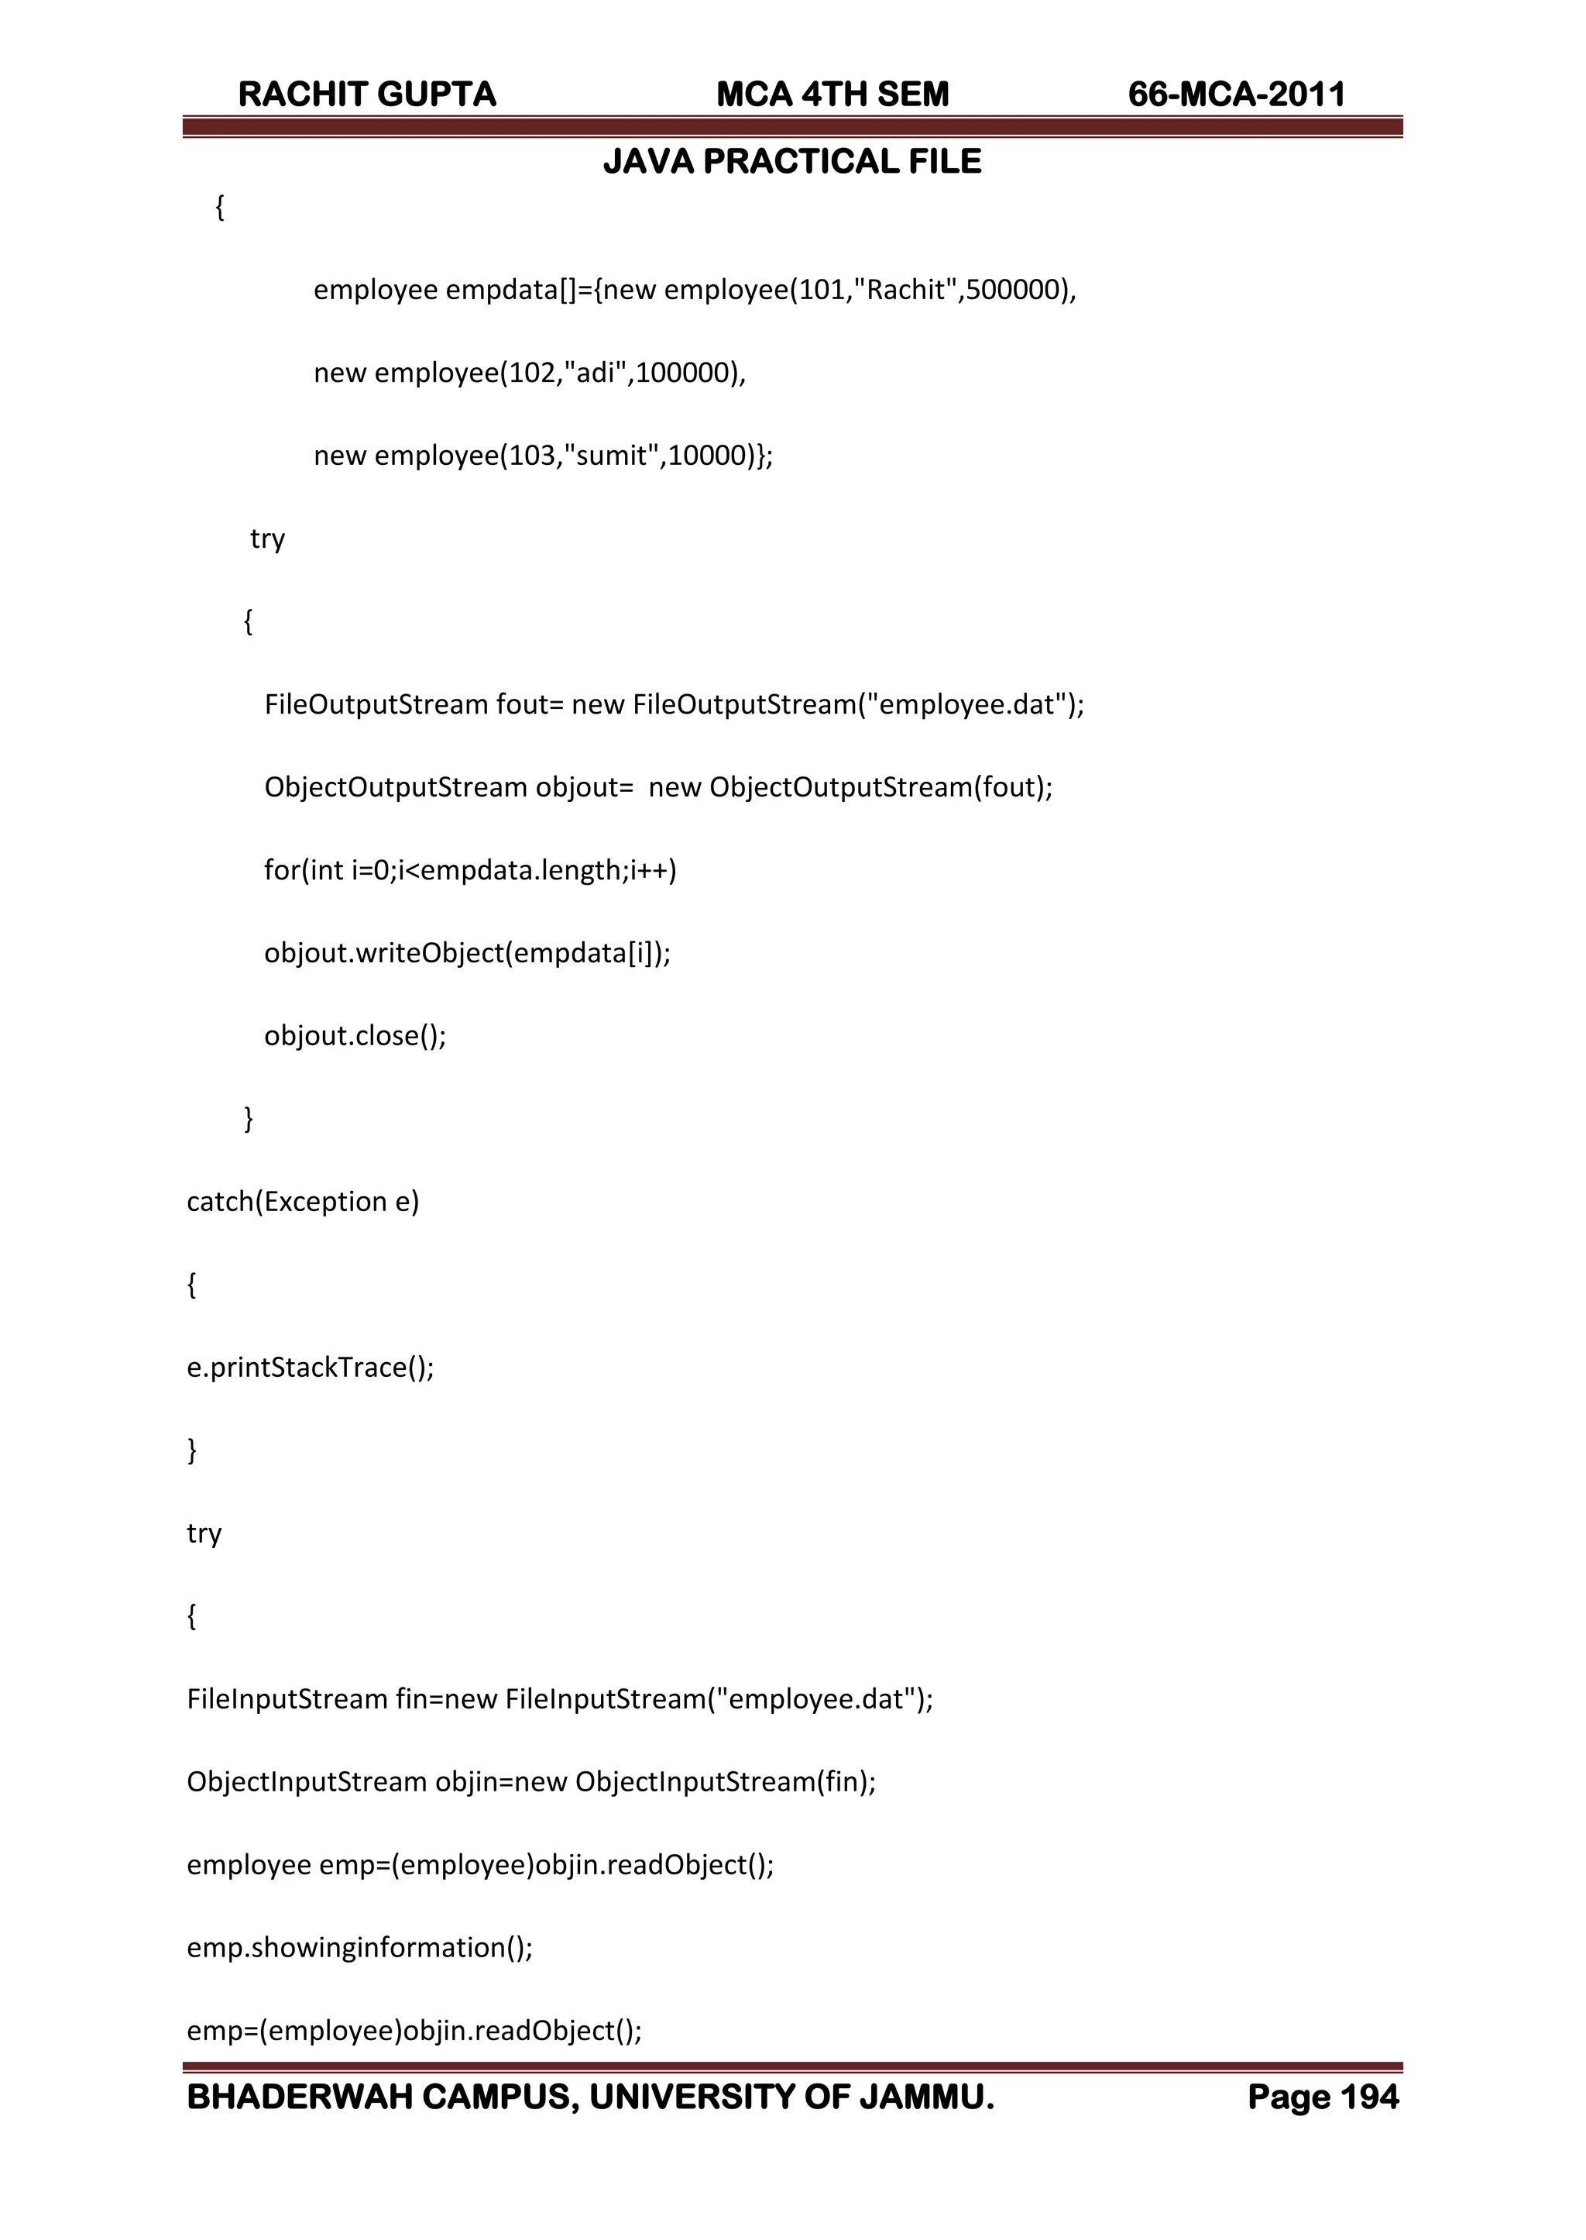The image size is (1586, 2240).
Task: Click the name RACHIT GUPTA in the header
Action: click(x=367, y=95)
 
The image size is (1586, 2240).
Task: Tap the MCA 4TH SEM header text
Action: click(x=832, y=95)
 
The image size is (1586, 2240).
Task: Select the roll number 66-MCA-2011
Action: click(x=1237, y=95)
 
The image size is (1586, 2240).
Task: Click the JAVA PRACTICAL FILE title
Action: click(x=792, y=162)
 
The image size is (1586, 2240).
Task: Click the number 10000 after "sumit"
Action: click(x=707, y=456)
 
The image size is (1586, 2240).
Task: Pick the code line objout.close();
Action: click(x=355, y=1035)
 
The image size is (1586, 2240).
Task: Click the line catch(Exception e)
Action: click(x=303, y=1202)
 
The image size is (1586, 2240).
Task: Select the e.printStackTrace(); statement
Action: click(x=310, y=1367)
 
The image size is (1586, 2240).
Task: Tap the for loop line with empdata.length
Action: click(x=470, y=870)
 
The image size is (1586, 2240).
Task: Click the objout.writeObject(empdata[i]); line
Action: click(x=467, y=952)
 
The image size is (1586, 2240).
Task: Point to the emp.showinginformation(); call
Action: click(x=359, y=1947)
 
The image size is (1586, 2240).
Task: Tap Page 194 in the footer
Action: click(x=1323, y=2097)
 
